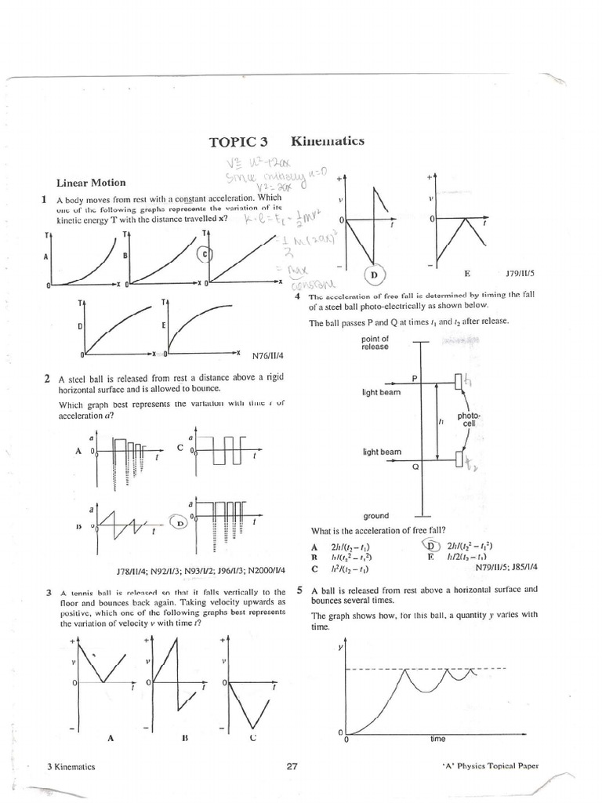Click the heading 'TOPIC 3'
[238, 142]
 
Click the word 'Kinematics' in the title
[327, 141]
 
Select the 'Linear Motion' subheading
[91, 183]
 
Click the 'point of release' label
[374, 343]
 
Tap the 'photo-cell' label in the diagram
[469, 420]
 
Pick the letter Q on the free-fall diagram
[415, 466]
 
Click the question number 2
[49, 378]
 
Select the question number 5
[300, 590]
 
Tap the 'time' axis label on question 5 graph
[437, 739]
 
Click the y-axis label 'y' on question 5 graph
[340, 648]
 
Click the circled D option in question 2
[180, 521]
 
